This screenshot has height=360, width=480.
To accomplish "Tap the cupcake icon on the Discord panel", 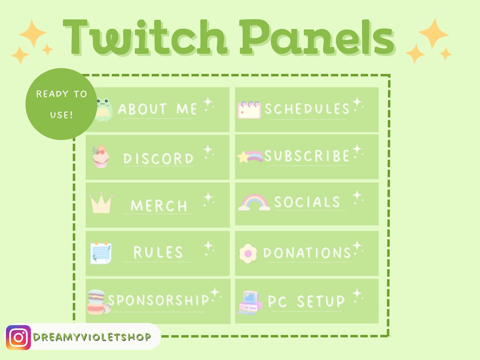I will click(100, 157).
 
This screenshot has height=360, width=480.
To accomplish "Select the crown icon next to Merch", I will click(101, 204).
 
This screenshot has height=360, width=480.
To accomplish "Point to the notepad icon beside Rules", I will click(100, 252).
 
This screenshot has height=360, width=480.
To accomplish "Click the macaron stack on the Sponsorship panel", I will click(97, 302).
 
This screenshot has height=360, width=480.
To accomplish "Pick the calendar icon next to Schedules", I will click(249, 110).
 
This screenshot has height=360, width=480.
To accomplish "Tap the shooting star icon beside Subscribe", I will click(251, 156).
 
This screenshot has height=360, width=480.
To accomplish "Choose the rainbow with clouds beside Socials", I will click(254, 203).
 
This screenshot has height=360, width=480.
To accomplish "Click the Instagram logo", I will click(18, 337).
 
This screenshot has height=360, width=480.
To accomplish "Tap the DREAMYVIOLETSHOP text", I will click(92, 337).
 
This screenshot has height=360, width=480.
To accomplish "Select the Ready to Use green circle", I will click(61, 104).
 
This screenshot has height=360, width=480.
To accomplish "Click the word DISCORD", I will click(159, 159).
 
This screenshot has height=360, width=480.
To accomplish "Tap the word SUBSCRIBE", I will click(307, 156).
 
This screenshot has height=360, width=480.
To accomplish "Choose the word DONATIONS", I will click(307, 253).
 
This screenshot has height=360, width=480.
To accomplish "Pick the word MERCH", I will click(159, 206).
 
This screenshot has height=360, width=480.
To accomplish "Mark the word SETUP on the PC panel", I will click(321, 301).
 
